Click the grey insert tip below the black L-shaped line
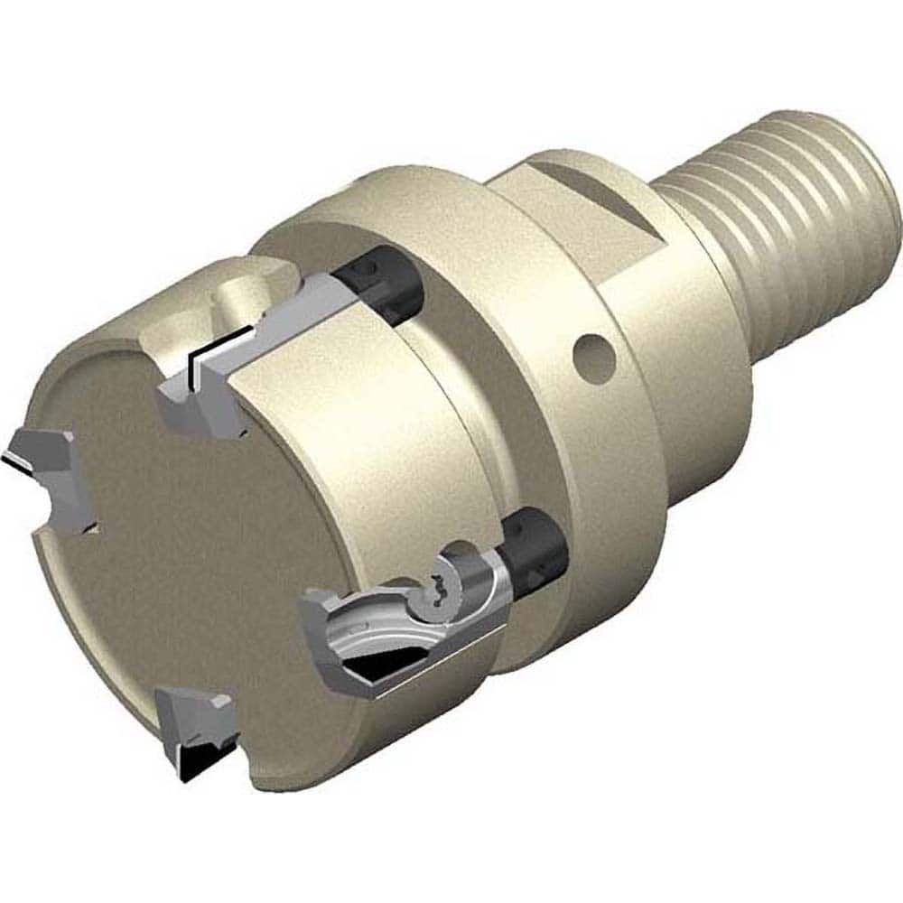(x=194, y=406)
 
